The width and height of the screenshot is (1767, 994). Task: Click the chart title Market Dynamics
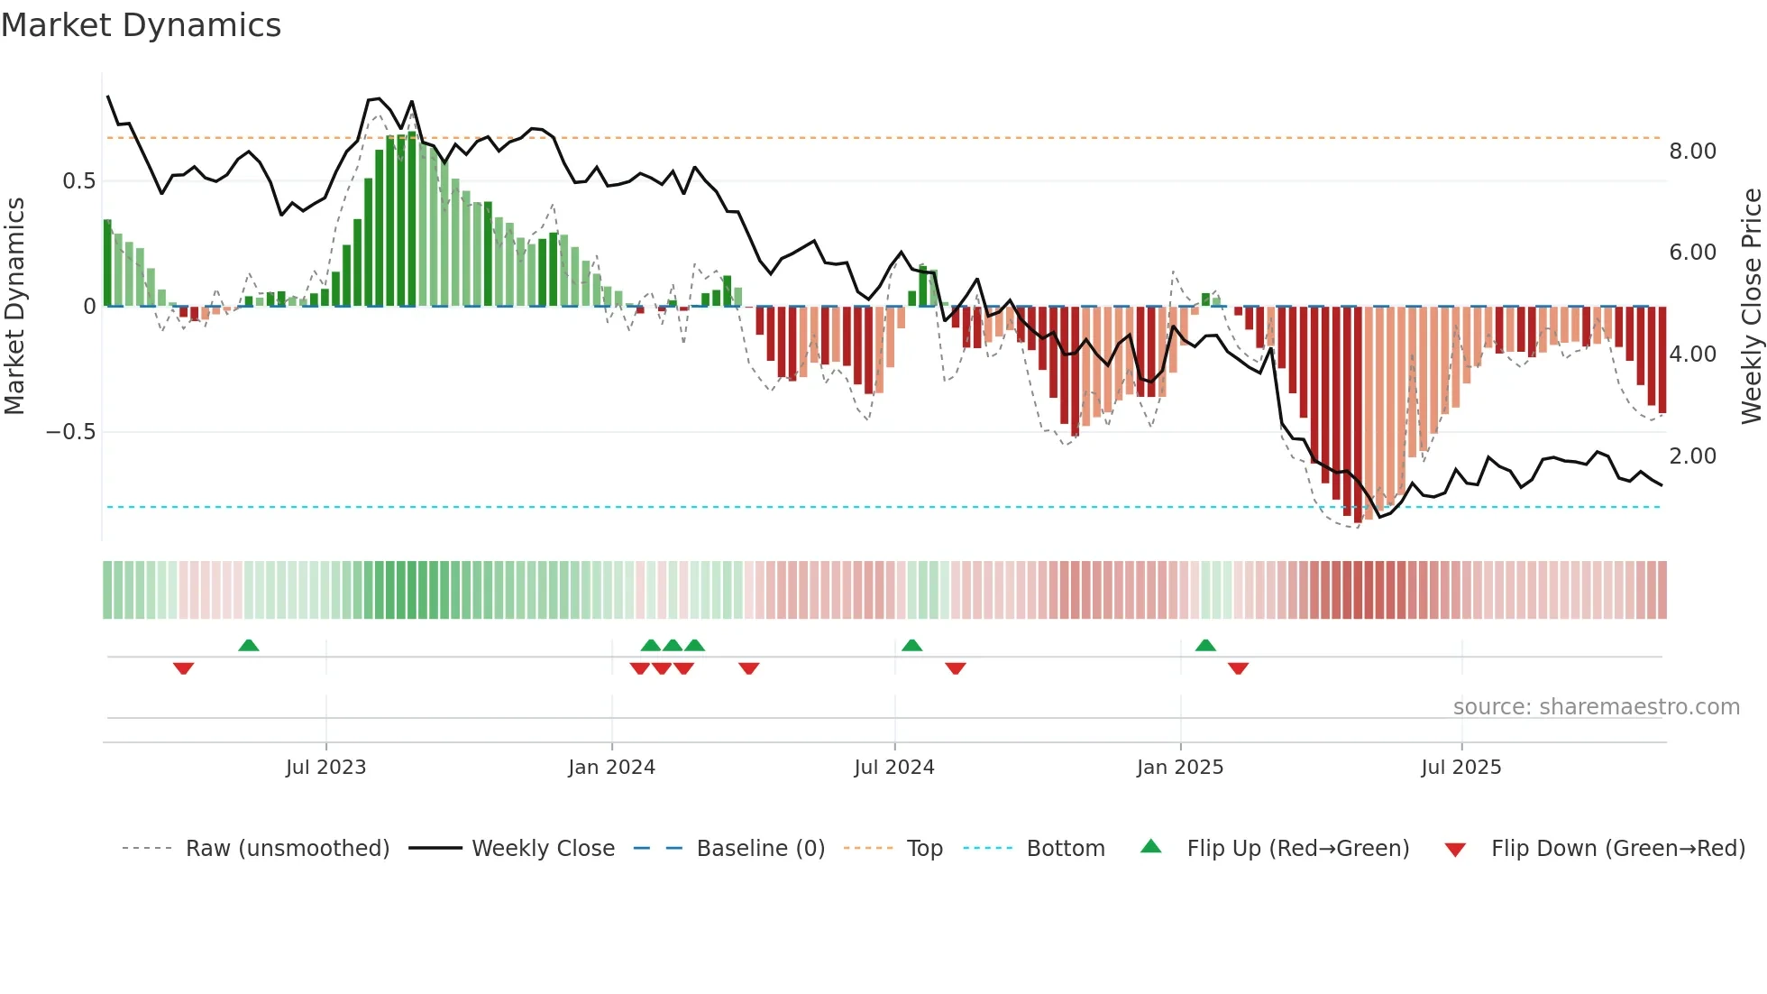click(141, 25)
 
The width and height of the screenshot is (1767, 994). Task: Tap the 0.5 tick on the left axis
click(78, 181)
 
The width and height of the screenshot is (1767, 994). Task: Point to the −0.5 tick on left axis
click(70, 432)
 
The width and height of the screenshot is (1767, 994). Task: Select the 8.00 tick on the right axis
click(1692, 152)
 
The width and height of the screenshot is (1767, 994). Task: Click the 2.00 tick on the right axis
click(1692, 456)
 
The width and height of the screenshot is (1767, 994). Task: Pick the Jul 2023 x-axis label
click(325, 768)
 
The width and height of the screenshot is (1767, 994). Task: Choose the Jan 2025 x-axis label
click(1179, 768)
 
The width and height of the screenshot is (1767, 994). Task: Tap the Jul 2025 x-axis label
click(1460, 768)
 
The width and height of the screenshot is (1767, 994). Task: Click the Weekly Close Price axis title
click(1751, 306)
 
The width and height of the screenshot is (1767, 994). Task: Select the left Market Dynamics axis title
click(15, 306)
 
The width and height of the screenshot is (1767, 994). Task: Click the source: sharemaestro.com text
click(1596, 707)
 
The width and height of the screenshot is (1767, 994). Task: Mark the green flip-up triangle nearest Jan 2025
click(1205, 645)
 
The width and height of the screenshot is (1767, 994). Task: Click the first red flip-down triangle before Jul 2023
click(183, 668)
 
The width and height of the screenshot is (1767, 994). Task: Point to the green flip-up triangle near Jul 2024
click(911, 645)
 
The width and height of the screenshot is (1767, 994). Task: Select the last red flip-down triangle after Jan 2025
click(1238, 668)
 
